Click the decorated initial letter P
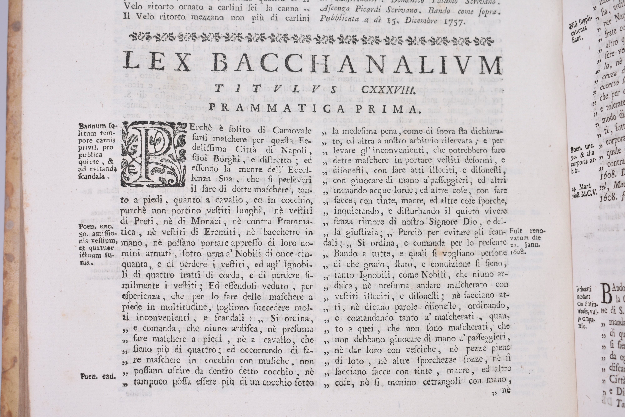point(153,154)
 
